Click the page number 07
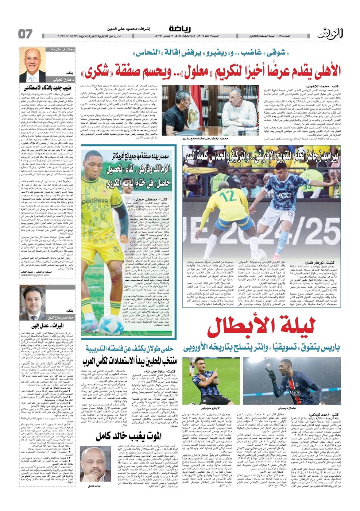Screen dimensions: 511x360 (26, 34)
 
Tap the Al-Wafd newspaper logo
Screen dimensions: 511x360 (330, 33)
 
